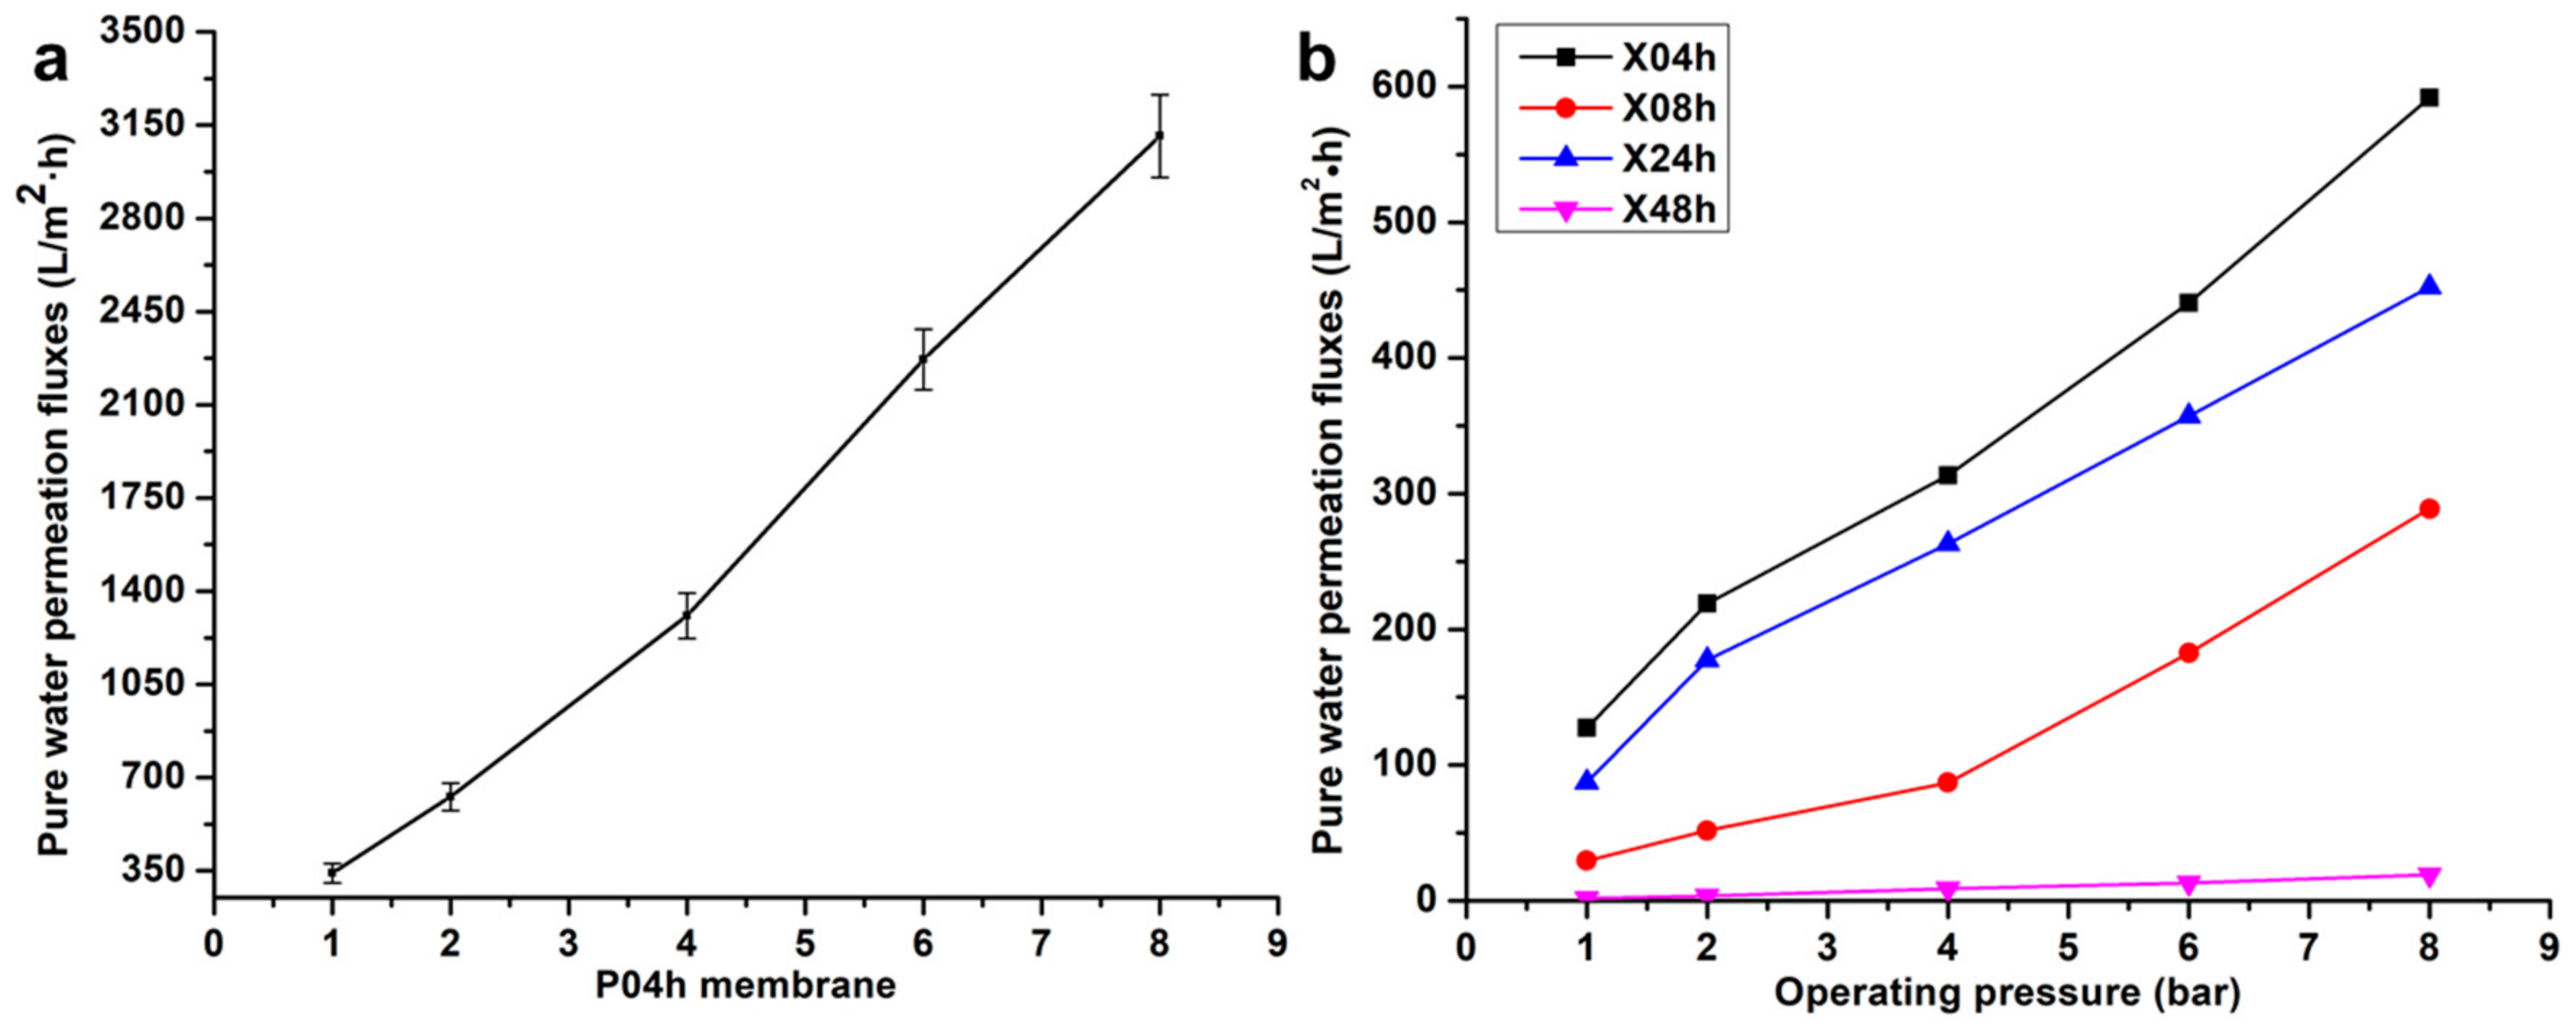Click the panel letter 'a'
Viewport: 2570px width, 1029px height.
coord(52,66)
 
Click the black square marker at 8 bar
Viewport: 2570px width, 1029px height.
coord(2430,97)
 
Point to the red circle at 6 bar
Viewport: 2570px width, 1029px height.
coord(2189,652)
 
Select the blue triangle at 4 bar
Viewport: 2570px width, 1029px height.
coord(1948,543)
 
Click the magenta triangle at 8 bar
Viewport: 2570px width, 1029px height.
coord(2430,876)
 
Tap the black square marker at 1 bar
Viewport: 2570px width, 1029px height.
coord(1586,728)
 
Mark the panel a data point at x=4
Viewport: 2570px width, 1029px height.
coord(686,615)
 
